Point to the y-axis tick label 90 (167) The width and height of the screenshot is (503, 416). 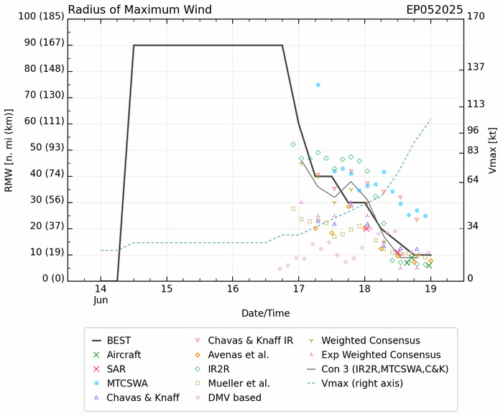pos(34,45)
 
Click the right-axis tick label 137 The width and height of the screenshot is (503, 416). pos(476,67)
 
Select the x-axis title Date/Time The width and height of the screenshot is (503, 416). pos(265,314)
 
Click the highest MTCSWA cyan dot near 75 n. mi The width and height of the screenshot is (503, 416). pos(318,85)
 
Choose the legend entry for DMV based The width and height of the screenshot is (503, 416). pos(237,397)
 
